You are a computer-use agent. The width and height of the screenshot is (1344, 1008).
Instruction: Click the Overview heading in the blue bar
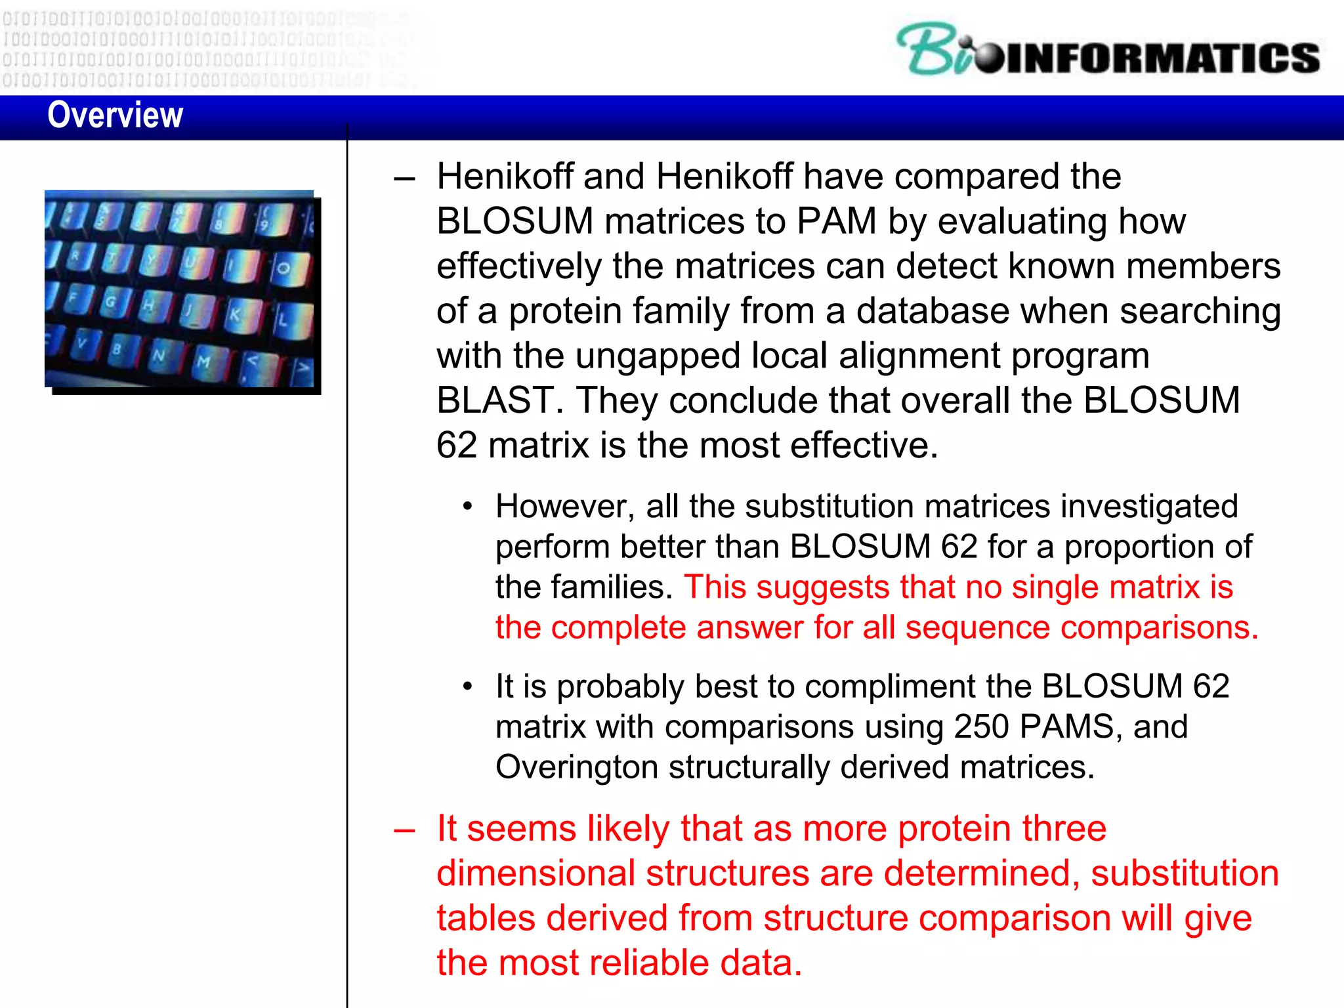point(115,115)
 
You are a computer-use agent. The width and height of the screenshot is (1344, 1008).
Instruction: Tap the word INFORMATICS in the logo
point(1162,58)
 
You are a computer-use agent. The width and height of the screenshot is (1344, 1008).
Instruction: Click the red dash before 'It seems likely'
point(404,831)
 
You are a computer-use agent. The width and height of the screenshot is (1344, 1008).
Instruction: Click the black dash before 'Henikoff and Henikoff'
point(404,178)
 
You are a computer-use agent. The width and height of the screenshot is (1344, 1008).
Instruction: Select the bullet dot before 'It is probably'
point(467,687)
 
